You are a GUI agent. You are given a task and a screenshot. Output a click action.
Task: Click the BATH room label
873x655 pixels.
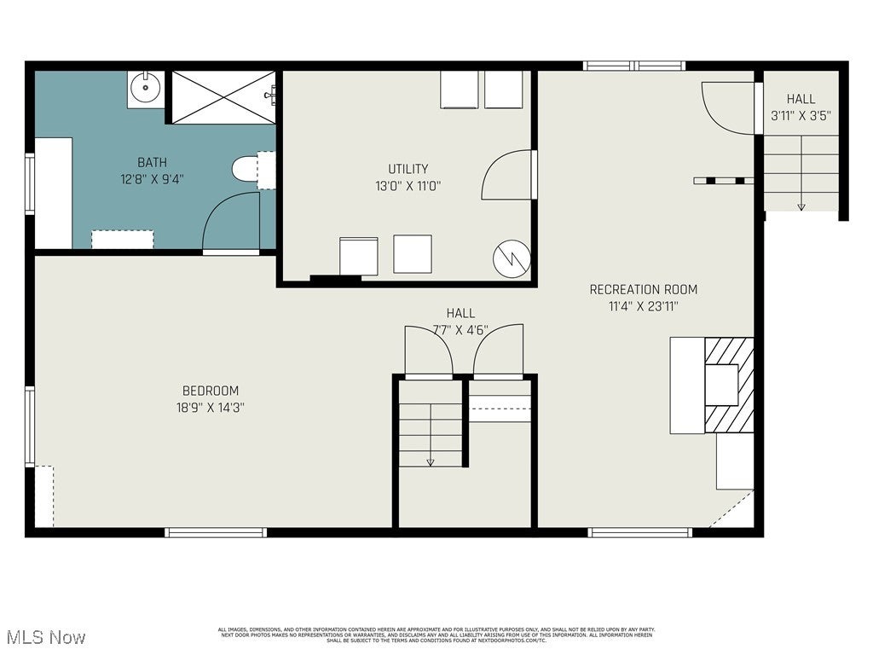click(x=153, y=162)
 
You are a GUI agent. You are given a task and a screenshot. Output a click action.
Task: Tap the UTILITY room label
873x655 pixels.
click(x=408, y=169)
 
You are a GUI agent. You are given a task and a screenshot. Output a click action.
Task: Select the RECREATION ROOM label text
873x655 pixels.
click(x=643, y=290)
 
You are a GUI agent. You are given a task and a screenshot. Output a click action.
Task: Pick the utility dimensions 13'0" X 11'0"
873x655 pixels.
click(x=408, y=185)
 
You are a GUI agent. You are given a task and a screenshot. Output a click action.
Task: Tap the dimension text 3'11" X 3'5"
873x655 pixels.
click(x=801, y=115)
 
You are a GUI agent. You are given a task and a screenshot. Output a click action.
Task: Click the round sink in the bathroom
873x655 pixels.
click(x=146, y=86)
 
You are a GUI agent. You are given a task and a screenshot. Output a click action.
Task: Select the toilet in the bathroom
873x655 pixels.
click(x=248, y=169)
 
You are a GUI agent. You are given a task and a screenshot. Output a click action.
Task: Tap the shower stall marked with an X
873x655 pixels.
click(x=223, y=97)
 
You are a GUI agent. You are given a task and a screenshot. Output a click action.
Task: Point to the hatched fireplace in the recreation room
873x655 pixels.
click(x=730, y=385)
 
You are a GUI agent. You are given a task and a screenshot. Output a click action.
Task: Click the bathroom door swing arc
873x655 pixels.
click(x=230, y=222)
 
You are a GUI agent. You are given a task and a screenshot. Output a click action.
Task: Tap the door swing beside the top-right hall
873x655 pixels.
click(x=727, y=107)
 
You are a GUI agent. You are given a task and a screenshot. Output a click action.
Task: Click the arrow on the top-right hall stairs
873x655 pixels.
click(x=801, y=206)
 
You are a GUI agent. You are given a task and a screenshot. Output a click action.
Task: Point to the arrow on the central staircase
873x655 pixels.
click(x=431, y=461)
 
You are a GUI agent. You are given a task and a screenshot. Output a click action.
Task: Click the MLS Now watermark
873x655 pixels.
click(x=45, y=637)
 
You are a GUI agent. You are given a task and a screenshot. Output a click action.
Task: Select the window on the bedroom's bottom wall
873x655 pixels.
click(x=216, y=532)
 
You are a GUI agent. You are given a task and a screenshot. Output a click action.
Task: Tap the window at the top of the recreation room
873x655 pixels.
click(x=634, y=66)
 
